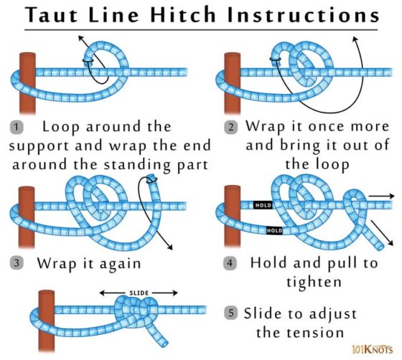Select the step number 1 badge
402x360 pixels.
(x=17, y=128)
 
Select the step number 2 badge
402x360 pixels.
(x=231, y=128)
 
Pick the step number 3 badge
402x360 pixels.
(x=17, y=263)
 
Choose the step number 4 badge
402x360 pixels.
(x=230, y=263)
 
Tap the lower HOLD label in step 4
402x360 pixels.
(x=274, y=231)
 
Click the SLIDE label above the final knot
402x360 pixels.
(x=139, y=293)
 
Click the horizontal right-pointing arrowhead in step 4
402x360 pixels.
(x=391, y=194)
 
